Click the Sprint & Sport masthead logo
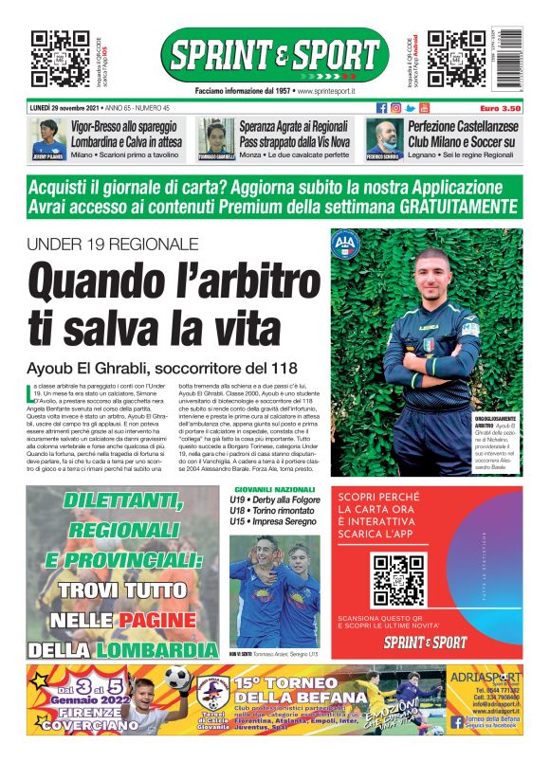pos(274,55)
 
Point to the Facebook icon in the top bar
pos(382,108)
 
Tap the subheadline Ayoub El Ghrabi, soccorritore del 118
pos(162,367)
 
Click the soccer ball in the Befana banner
pos(177,678)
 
